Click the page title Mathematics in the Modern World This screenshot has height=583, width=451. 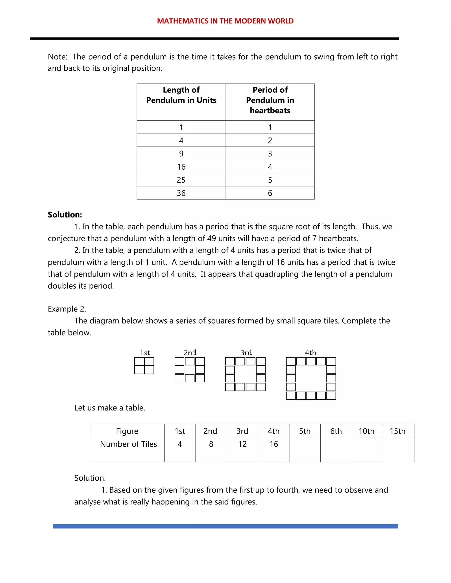[x=225, y=21]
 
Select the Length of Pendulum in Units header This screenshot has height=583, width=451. [x=181, y=95]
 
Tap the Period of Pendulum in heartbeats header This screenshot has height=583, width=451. [x=270, y=100]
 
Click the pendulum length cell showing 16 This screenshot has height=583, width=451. [x=181, y=167]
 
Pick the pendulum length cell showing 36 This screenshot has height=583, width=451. [x=181, y=193]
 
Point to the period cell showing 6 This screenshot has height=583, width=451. [x=270, y=193]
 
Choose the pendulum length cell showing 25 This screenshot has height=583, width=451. [x=181, y=180]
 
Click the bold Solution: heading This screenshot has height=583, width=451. [x=65, y=215]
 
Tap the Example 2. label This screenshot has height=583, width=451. [x=67, y=309]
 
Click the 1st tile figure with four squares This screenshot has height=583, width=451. [x=144, y=366]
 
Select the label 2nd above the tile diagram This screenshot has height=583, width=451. [x=190, y=353]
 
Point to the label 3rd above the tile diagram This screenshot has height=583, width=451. [x=246, y=353]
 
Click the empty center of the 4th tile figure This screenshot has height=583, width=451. [x=311, y=379]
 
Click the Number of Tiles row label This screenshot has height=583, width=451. [x=128, y=444]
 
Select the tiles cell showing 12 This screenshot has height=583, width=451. [x=242, y=444]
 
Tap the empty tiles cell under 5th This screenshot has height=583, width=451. [x=305, y=449]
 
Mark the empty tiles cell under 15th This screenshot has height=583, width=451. [x=398, y=449]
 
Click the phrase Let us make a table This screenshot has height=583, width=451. [x=109, y=408]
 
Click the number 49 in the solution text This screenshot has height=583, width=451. [x=212, y=238]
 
